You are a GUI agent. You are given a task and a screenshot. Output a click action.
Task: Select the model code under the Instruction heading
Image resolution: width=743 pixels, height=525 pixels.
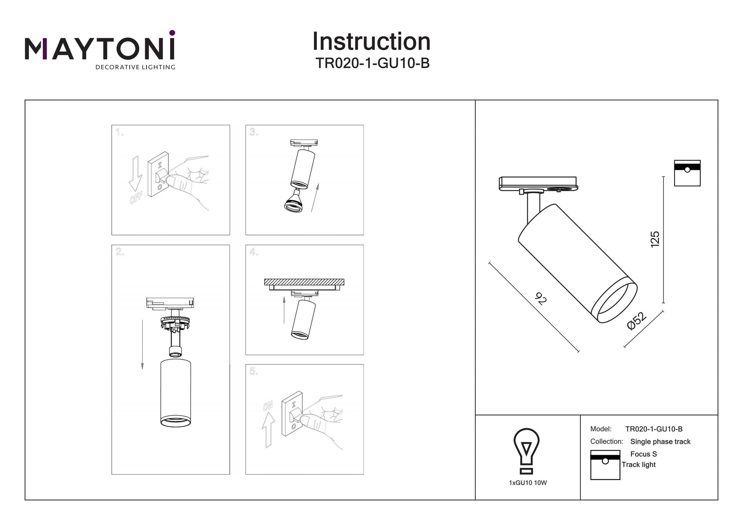(372, 63)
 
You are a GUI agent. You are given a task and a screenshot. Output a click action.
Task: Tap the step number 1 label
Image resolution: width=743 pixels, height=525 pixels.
(120, 132)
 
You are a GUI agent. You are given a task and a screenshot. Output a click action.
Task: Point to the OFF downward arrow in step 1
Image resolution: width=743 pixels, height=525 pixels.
(135, 173)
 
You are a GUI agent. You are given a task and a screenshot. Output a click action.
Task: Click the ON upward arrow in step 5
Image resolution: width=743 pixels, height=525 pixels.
(268, 430)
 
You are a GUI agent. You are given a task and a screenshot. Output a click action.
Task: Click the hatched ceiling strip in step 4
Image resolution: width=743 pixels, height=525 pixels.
(304, 282)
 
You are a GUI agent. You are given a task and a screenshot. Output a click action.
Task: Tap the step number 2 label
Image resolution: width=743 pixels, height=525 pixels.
(120, 252)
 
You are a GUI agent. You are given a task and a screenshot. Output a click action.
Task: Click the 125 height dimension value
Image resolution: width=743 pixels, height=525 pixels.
(655, 239)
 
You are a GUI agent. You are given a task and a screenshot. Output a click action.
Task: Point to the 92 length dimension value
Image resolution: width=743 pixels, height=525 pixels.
(540, 299)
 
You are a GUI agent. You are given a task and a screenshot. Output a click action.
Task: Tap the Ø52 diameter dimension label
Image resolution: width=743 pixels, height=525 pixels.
(637, 321)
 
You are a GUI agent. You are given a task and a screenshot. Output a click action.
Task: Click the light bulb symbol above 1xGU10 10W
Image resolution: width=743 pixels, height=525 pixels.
(526, 451)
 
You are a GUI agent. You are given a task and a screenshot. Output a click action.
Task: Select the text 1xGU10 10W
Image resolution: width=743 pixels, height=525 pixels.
(528, 483)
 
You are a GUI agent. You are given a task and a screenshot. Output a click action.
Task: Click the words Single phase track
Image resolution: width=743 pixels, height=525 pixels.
(660, 441)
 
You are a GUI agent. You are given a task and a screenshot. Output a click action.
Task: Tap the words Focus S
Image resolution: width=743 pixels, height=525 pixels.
(643, 454)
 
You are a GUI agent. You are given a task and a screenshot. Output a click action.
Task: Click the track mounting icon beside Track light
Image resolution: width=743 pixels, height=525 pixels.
(605, 465)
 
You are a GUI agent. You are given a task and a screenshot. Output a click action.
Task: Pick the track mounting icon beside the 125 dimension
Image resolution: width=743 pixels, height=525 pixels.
(687, 173)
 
